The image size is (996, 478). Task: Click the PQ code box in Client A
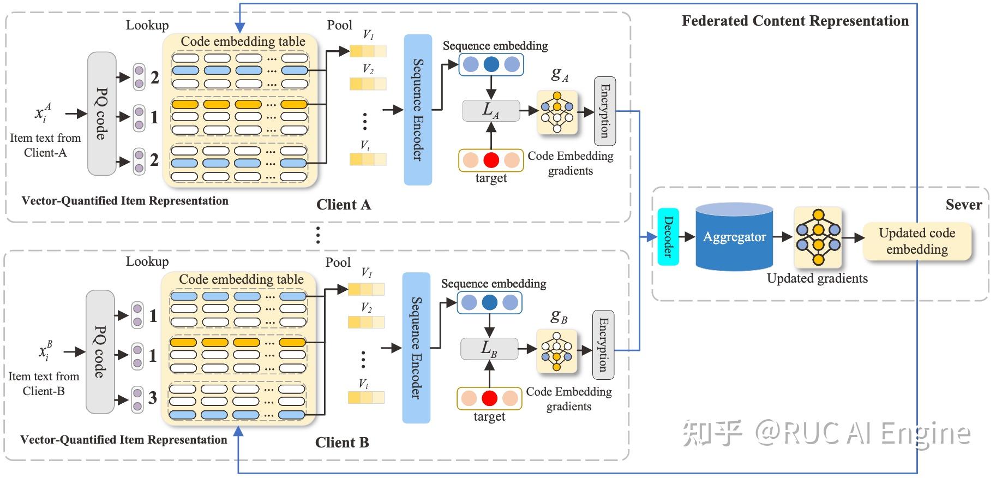pos(102,113)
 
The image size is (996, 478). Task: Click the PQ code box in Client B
pos(100,351)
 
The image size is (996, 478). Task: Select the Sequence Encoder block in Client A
pos(418,110)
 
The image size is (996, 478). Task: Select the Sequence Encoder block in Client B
pos(416,348)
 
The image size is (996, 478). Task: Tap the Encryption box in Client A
pos(604,111)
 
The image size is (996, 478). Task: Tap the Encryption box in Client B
pos(603,345)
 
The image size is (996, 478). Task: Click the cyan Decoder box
pos(668,237)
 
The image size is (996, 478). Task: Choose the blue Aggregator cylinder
pos(734,237)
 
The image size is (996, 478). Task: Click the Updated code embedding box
pos(917,241)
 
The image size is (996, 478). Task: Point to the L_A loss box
pos(490,111)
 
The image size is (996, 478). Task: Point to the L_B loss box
pos(489,349)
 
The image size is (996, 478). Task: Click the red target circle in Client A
pos(491,160)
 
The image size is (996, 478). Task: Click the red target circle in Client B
pos(489,398)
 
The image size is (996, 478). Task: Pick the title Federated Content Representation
pos(795,21)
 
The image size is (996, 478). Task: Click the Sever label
pos(963,205)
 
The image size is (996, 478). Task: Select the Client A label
pos(344,205)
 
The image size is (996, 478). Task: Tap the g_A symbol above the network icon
pos(560,74)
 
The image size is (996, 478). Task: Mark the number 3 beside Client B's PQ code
pos(153,398)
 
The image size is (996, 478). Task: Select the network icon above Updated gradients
pos(818,237)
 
